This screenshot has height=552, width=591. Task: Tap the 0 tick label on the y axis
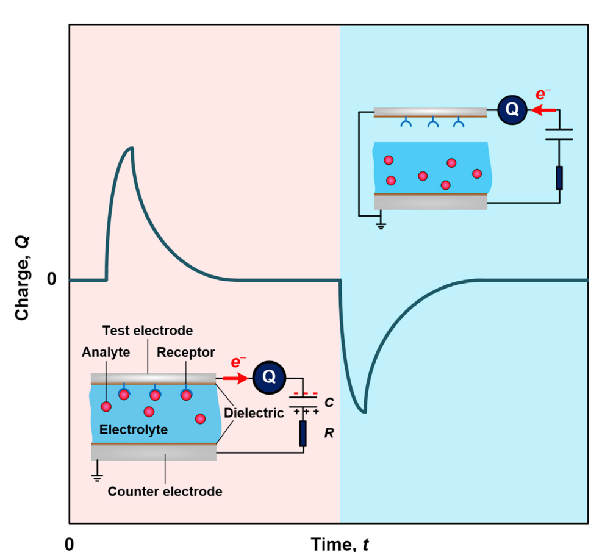53,280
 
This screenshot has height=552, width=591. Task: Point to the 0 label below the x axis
70,543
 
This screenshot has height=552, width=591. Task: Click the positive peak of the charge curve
130,148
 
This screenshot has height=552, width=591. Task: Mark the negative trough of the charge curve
364,412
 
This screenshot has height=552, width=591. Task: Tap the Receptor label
185,353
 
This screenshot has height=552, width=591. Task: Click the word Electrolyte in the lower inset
133,429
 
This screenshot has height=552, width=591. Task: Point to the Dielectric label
254,413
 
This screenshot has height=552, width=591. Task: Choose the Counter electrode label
165,490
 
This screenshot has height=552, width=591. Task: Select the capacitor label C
329,403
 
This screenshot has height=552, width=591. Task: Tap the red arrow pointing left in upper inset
544,110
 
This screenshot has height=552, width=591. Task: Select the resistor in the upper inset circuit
559,177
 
